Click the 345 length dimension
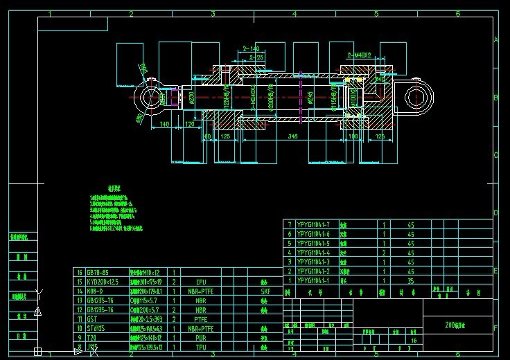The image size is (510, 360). (293, 137)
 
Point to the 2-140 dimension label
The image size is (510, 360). (251, 48)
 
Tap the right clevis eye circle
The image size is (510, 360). (416, 97)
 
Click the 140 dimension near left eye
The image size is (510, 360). (164, 124)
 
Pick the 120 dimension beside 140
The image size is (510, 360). (189, 124)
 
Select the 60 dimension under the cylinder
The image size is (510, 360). (206, 137)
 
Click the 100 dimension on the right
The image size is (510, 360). (353, 137)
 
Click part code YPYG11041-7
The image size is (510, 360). (313, 224)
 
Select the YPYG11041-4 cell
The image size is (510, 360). (313, 253)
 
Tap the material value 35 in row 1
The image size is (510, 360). (410, 281)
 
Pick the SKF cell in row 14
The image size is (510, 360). (265, 291)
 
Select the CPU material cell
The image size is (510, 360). (201, 282)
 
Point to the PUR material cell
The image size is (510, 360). (201, 339)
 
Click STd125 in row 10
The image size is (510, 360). (96, 329)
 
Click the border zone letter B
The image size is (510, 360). (495, 98)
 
